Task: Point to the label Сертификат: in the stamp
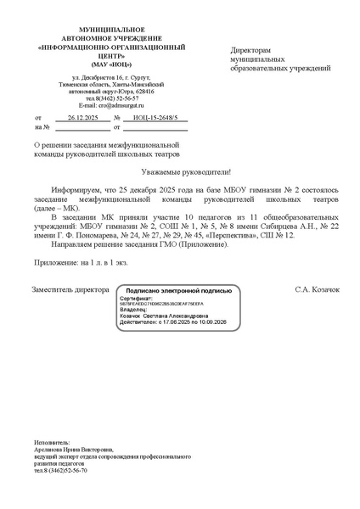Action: click(x=136, y=299)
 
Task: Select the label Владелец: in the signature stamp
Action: click(x=135, y=310)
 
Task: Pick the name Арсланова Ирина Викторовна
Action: click(x=73, y=450)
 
